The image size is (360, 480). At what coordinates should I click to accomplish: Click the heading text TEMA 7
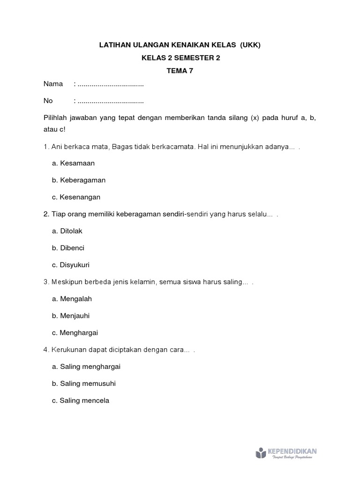180,71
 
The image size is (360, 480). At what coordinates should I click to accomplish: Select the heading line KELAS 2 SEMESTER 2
180,58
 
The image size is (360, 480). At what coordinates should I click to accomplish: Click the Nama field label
53,84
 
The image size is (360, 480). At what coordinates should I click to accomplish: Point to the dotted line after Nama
111,84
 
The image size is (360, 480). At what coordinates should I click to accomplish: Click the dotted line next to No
111,101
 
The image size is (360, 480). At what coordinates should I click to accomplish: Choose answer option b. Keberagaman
79,180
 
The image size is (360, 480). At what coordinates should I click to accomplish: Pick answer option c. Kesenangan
76,197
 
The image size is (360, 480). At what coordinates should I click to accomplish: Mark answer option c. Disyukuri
71,265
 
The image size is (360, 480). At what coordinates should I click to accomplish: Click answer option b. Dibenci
68,248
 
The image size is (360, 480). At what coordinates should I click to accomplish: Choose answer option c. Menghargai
75,333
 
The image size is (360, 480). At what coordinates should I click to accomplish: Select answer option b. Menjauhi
71,316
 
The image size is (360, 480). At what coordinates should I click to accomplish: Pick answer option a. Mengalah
72,299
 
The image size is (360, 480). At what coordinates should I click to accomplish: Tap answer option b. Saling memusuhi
84,384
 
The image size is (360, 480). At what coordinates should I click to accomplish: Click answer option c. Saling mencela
81,401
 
